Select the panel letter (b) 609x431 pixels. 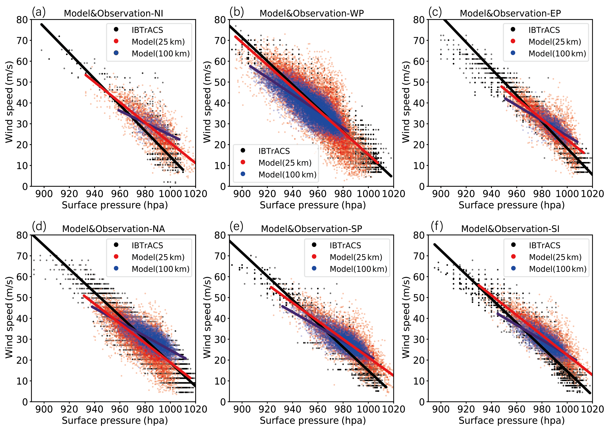point(237,12)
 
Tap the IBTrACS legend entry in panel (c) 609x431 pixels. point(544,30)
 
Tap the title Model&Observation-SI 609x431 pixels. point(510,229)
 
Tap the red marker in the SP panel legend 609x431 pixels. point(314,257)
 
